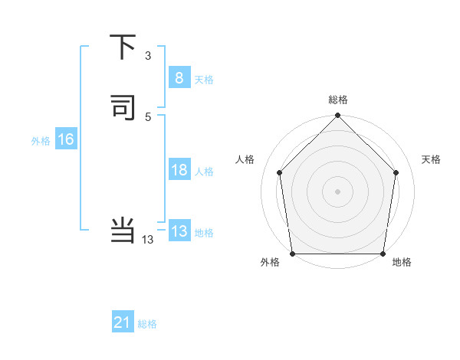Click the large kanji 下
123,47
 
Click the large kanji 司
123,108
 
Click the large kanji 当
123,229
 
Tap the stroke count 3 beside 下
148,55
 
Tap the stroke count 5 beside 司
148,116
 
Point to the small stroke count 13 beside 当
148,240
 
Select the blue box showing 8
179,78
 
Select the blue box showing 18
179,170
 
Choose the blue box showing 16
65,139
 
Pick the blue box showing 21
123,323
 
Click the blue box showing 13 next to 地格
179,231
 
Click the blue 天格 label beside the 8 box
204,80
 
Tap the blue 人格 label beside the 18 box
204,172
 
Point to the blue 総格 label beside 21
147,324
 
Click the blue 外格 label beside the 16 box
41,141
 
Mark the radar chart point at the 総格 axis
337,116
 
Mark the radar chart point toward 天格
396,172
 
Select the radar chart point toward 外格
292,254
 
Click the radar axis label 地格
402,263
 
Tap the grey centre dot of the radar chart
337,191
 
